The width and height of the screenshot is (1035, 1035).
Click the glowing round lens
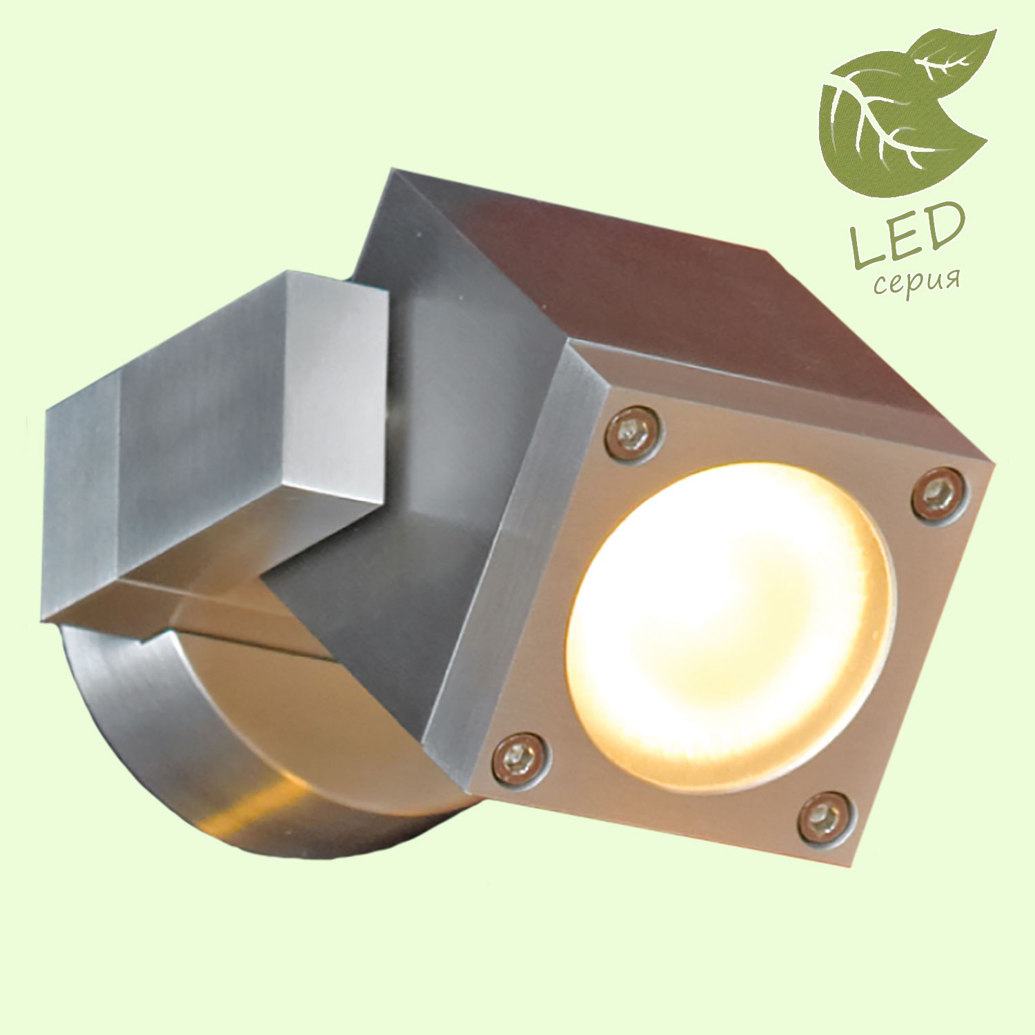coord(728,628)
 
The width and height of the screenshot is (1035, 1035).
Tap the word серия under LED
coord(916,280)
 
